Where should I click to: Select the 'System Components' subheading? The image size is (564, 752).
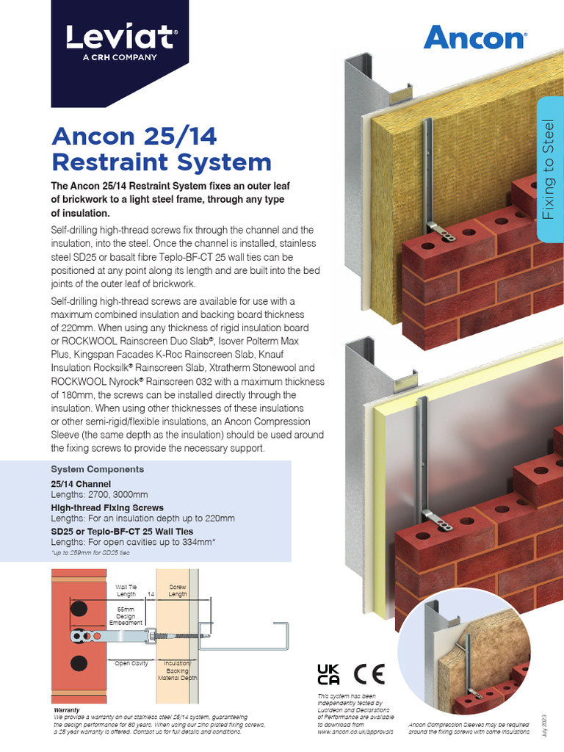coord(97,469)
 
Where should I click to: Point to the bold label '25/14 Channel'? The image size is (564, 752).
coord(81,484)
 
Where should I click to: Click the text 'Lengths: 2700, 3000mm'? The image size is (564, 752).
coord(99,495)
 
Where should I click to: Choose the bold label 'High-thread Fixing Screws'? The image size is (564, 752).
coord(107,507)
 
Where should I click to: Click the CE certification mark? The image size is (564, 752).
coord(369,674)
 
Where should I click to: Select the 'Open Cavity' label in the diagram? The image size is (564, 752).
coord(131,663)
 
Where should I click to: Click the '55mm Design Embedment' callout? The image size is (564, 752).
coord(126,615)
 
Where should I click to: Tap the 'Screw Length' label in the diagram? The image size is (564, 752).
coord(178,591)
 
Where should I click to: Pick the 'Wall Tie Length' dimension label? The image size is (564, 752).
coord(126,591)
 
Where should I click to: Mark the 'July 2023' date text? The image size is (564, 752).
coord(544,724)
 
